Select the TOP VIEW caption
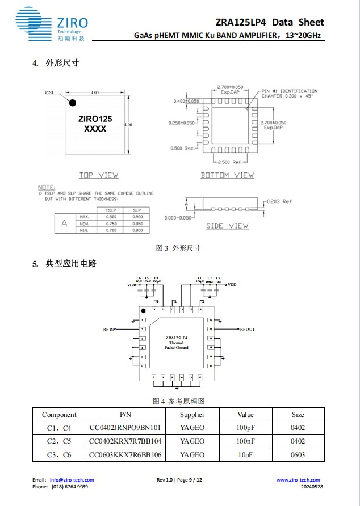(x=98, y=175)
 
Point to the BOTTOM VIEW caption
(x=227, y=175)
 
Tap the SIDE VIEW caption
(x=227, y=226)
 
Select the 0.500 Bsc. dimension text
(x=182, y=148)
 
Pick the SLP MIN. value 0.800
(x=137, y=230)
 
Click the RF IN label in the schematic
(x=108, y=329)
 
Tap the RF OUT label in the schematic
(x=247, y=329)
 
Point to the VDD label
(x=232, y=284)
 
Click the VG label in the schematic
(x=131, y=285)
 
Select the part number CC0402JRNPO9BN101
(x=125, y=428)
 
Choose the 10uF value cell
(x=245, y=454)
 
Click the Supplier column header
(x=192, y=415)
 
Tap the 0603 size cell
(x=298, y=454)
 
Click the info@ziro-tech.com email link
(x=72, y=480)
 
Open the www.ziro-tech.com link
(x=298, y=480)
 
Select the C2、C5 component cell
(x=59, y=441)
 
